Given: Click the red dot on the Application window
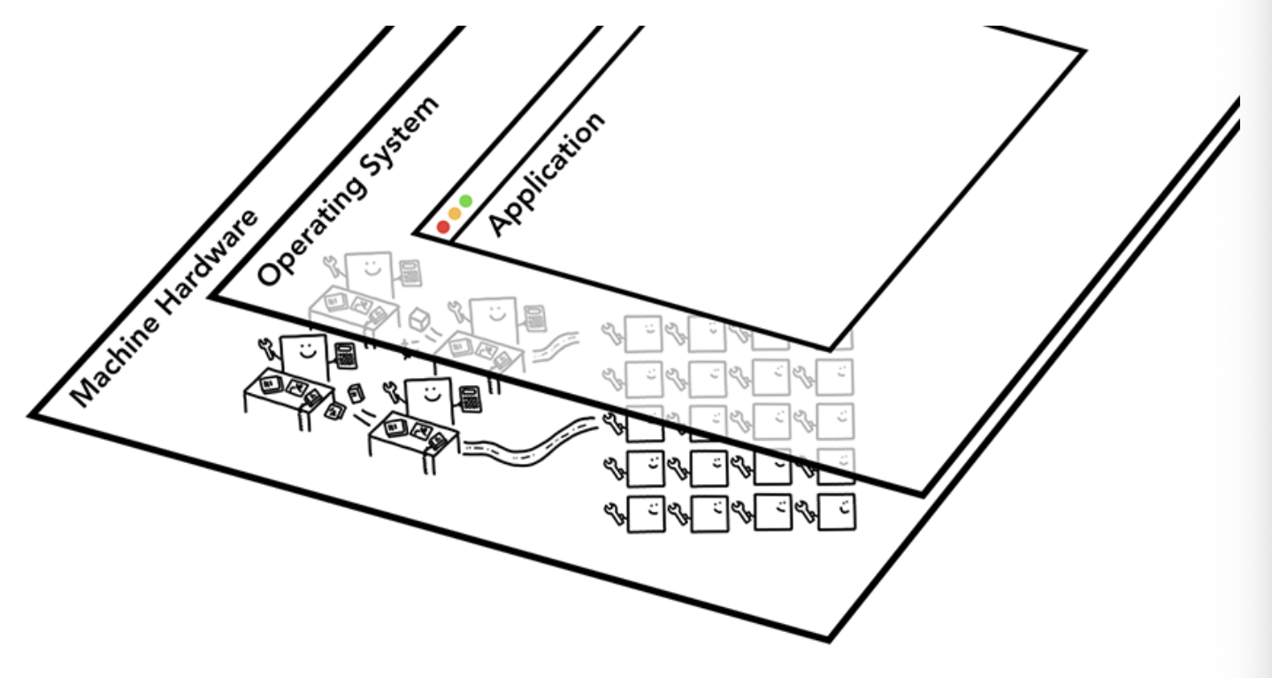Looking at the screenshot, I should click(443, 227).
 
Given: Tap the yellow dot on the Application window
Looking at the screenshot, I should click(455, 213).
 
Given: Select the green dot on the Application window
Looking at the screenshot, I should click(466, 201).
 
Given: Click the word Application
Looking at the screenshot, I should click(547, 174).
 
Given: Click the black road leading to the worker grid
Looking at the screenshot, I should click(531, 443).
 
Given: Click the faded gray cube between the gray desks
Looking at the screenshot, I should click(418, 317).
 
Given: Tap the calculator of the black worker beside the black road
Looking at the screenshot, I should click(470, 398).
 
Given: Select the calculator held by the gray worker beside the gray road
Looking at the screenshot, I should click(533, 315).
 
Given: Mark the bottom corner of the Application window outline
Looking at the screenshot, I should click(830, 349).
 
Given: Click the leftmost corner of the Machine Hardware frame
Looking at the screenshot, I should click(33, 414).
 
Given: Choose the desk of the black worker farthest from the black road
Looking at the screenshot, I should click(283, 389).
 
